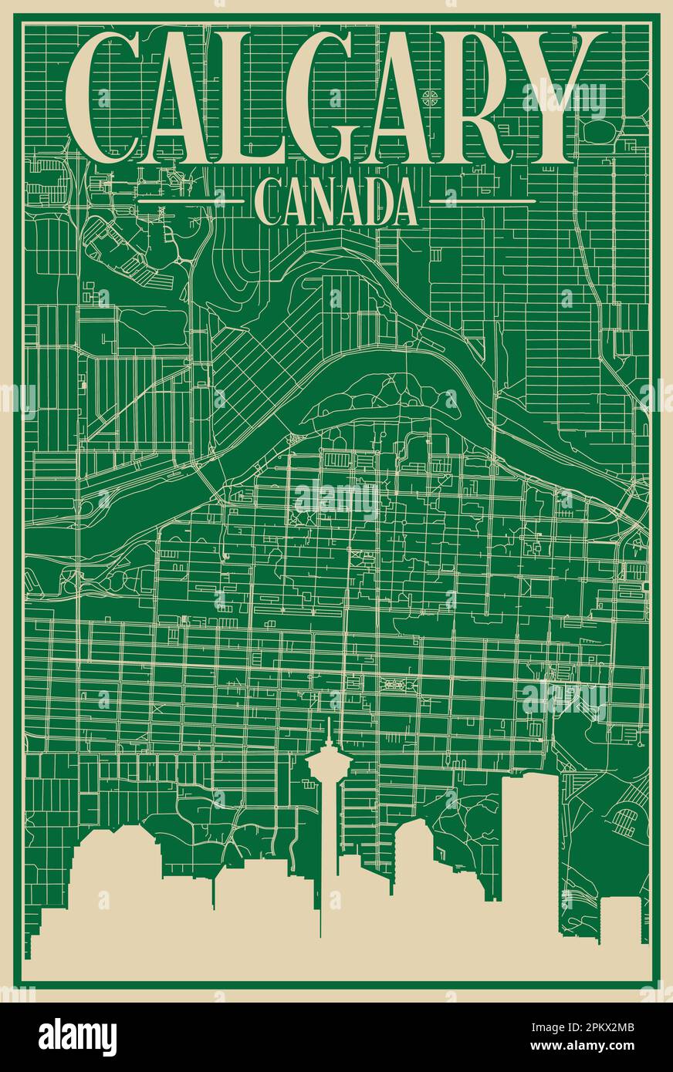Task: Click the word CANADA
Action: (336, 202)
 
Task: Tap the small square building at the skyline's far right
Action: (621, 919)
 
